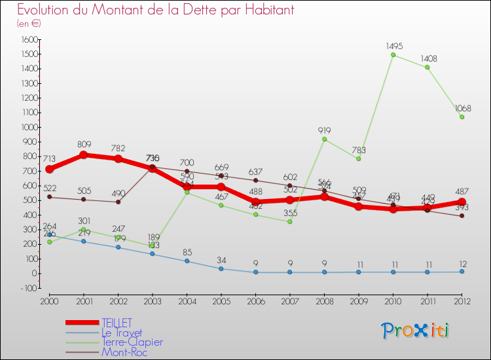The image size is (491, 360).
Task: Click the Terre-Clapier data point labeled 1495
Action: (x=393, y=54)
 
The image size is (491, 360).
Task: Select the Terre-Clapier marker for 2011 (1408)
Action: (x=427, y=67)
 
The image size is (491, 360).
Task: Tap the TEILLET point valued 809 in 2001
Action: (x=84, y=155)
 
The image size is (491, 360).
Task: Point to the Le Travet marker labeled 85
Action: (x=187, y=261)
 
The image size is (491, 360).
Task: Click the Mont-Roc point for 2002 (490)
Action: (x=118, y=202)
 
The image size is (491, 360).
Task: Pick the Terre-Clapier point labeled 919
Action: (x=324, y=139)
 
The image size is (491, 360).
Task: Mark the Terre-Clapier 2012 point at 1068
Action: (x=462, y=117)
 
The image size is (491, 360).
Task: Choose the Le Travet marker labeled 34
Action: (x=221, y=268)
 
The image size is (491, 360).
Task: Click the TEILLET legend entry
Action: (x=117, y=323)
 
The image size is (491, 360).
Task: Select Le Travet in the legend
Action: (x=121, y=333)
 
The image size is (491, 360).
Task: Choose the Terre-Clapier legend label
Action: (x=132, y=342)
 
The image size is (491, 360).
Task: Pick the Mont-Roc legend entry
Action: (x=124, y=352)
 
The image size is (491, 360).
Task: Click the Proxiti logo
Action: (x=416, y=331)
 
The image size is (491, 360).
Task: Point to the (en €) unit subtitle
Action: (x=29, y=24)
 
